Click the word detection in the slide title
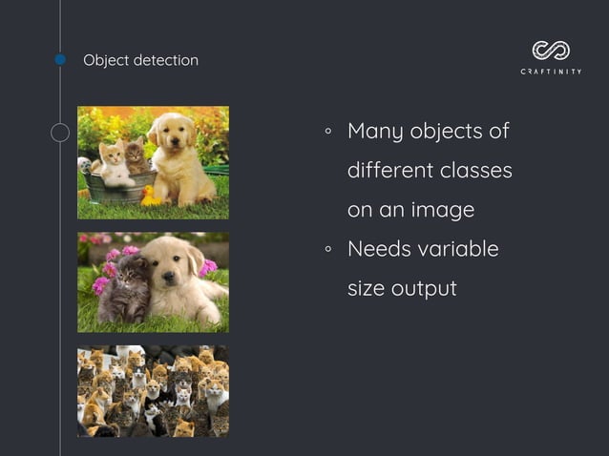click(166, 60)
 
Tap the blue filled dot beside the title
click(60, 59)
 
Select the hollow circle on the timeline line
click(60, 133)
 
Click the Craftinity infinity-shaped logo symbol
click(551, 50)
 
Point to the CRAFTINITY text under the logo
click(551, 72)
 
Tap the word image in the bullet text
click(443, 210)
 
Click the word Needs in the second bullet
click(379, 249)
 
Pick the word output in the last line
click(424, 287)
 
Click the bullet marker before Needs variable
click(327, 250)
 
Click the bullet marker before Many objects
click(327, 132)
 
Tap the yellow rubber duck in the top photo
click(149, 197)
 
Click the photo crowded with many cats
click(153, 391)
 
